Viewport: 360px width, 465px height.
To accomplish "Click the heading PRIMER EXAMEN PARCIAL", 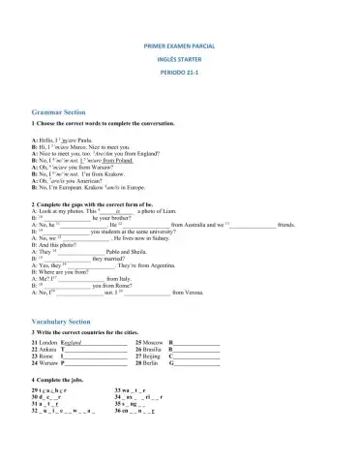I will coord(180,46).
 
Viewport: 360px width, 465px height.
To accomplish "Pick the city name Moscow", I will coord(155,343).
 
